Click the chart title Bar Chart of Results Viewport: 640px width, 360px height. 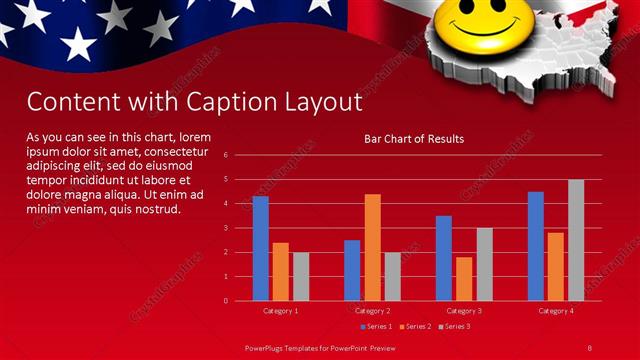(413, 139)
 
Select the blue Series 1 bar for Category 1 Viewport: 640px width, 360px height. (260, 248)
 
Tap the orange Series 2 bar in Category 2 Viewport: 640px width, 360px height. (372, 247)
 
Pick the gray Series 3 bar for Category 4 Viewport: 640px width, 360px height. (576, 240)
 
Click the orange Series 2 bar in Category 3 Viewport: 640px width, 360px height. (464, 278)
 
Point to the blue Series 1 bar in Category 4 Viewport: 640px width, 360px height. (536, 246)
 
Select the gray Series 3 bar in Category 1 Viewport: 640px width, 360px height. (301, 276)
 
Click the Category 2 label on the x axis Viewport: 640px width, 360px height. (372, 311)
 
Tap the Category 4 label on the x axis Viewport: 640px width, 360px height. (556, 311)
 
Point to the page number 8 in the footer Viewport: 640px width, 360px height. (590, 347)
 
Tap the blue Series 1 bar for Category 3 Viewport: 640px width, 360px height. (443, 258)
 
